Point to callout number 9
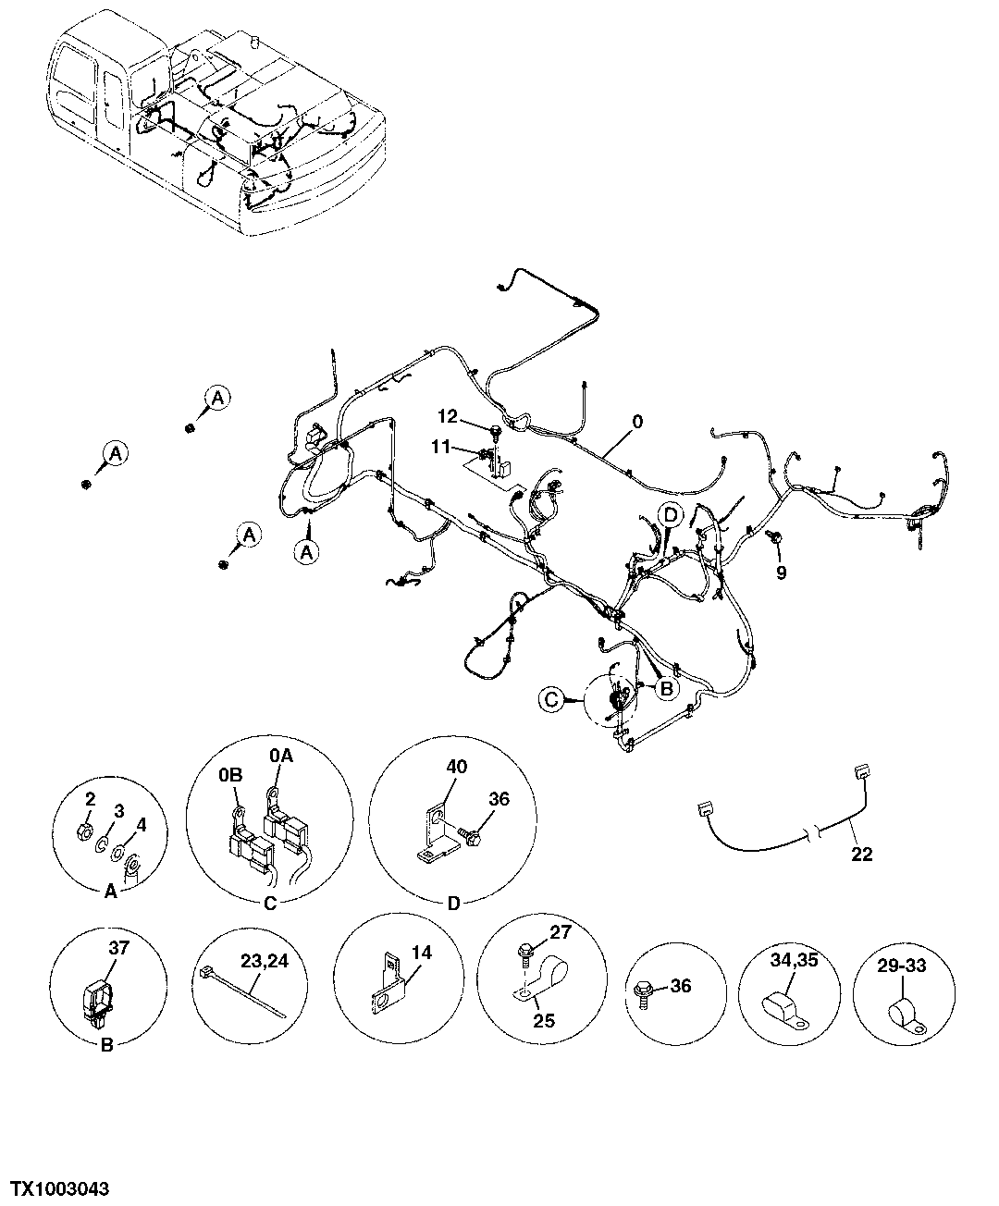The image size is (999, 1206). click(782, 573)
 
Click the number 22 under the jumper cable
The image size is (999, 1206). click(861, 855)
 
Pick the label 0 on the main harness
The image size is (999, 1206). click(636, 421)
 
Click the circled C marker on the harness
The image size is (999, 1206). click(552, 701)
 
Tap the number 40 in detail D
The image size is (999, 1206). click(456, 767)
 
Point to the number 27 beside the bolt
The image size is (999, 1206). click(561, 932)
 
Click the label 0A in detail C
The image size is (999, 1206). click(281, 757)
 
